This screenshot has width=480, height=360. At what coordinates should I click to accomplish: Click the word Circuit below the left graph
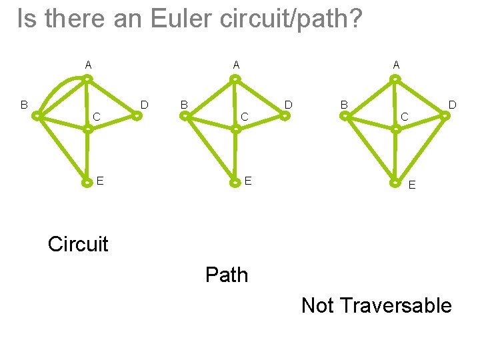[78, 244]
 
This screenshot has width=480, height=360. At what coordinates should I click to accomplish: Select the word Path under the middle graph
[227, 275]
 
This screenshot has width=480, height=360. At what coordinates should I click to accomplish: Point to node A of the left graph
[87, 79]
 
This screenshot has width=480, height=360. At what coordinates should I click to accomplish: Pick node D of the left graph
[136, 115]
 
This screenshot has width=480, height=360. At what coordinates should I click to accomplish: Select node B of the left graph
[38, 116]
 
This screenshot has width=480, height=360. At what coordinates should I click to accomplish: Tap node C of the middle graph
[235, 129]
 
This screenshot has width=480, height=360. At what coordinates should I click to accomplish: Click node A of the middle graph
[235, 79]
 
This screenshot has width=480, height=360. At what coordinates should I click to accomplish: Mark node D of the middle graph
[285, 115]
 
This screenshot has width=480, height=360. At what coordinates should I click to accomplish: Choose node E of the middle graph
[235, 181]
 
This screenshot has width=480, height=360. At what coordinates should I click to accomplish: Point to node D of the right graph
[444, 115]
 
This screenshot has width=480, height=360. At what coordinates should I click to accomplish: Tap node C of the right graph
[395, 129]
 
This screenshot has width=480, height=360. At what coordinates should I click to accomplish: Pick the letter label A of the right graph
[396, 65]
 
